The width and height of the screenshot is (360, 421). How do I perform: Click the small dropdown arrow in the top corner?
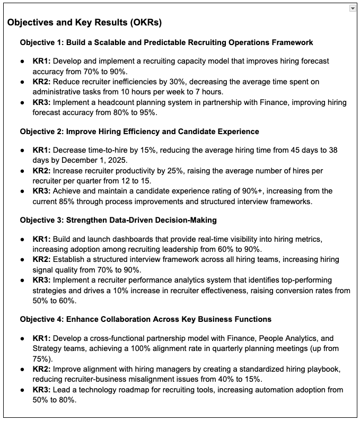point(353,8)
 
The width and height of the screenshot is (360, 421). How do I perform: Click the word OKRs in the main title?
point(143,23)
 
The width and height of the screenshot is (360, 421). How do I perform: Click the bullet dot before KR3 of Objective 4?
point(23,390)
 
